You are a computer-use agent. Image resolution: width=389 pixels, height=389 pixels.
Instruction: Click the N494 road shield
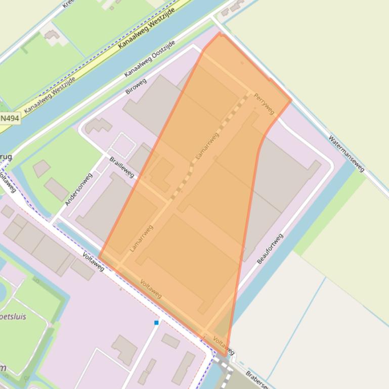tap(10, 118)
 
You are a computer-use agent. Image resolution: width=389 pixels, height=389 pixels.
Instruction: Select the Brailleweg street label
tap(122, 167)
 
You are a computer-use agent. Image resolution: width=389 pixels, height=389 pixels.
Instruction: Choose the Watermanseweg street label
tap(347, 154)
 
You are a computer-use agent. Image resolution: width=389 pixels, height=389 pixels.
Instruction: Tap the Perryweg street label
tap(264, 103)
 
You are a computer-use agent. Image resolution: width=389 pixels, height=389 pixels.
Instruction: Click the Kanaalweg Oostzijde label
tap(150, 59)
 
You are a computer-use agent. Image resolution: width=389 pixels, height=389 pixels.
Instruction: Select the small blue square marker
tap(156, 322)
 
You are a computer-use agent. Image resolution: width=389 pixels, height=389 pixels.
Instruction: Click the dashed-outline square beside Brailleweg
tap(122, 145)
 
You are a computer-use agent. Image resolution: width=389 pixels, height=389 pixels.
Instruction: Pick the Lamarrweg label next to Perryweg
tap(207, 147)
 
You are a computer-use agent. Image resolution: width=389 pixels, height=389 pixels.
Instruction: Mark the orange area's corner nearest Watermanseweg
tap(290, 100)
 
